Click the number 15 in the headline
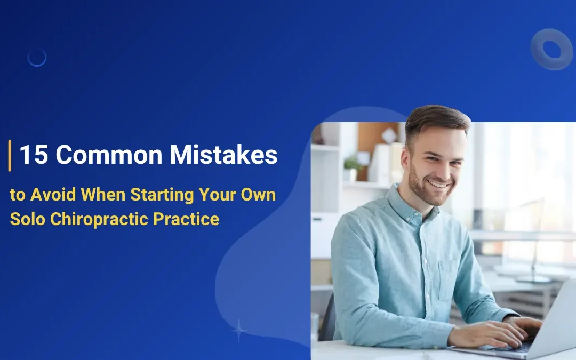[33, 155]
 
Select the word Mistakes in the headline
[224, 155]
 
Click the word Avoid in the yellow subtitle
[51, 195]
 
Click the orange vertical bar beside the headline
[10, 155]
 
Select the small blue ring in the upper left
[37, 57]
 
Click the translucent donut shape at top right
[551, 49]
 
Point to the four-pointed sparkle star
[239, 331]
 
